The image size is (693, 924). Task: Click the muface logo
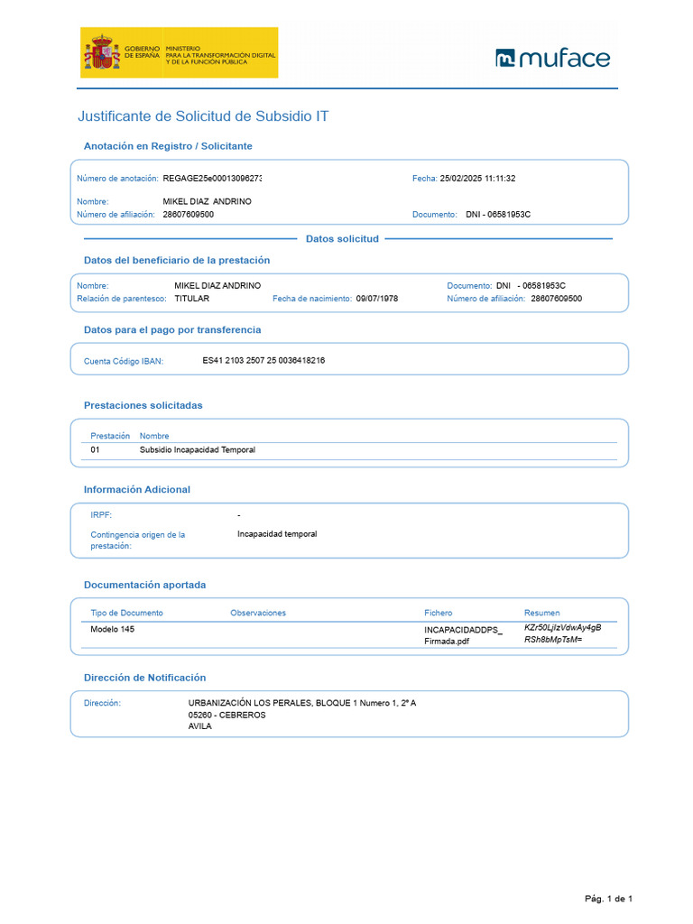[x=552, y=59]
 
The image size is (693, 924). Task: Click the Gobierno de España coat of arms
[x=101, y=52]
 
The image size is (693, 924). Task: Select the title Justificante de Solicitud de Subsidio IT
[x=203, y=117]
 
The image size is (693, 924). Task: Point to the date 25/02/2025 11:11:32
[x=477, y=179]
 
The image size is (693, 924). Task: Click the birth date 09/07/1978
[x=377, y=299]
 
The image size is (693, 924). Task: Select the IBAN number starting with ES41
[x=263, y=360]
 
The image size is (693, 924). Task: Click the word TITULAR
[x=192, y=299]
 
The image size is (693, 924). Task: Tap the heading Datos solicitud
[x=342, y=239]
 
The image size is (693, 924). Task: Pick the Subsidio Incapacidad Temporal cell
[x=197, y=449]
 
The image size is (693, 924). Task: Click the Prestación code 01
[x=96, y=449]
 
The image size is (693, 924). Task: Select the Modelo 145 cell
[x=113, y=629]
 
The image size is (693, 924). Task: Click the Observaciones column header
[x=258, y=613]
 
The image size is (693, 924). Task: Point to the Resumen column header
[x=541, y=613]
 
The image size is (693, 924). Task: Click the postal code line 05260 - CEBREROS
[x=226, y=715]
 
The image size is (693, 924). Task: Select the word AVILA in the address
[x=199, y=726]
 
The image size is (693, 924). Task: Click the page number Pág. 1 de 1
[x=608, y=899]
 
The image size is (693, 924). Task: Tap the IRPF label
[x=101, y=514]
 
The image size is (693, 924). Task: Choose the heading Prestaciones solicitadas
[x=143, y=405]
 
